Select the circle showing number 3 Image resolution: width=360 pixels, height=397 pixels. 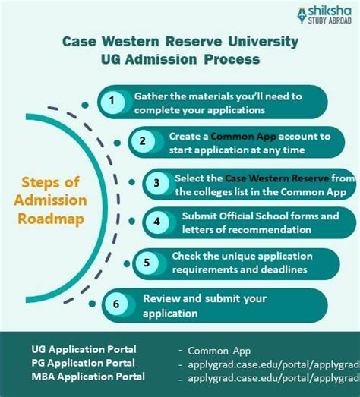156,183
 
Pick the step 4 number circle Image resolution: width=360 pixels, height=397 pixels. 156,222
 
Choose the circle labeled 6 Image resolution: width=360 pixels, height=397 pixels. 115,304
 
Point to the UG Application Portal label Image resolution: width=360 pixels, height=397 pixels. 84,349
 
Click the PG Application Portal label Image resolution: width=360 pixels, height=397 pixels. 84,364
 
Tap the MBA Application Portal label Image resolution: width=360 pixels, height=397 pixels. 89,378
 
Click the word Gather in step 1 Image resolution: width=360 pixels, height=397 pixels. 152,96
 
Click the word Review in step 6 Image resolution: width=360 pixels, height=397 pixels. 160,298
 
